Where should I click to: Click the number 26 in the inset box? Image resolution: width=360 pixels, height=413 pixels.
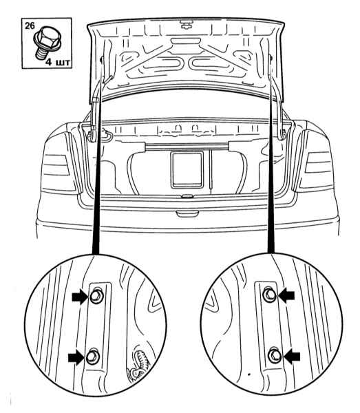point(30,26)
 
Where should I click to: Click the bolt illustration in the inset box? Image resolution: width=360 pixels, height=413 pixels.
point(47,42)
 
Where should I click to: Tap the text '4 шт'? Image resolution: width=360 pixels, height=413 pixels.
point(58,62)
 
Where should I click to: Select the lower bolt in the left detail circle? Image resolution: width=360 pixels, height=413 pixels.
point(93,357)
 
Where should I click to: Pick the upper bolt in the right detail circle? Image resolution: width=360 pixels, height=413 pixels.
point(269,295)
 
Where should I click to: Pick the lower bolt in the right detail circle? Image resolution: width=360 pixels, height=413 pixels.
point(275,356)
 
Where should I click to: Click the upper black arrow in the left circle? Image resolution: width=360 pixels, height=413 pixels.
point(80,297)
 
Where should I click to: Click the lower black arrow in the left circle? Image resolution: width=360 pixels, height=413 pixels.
point(76,358)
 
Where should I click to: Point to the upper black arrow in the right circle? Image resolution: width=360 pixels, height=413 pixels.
point(286,295)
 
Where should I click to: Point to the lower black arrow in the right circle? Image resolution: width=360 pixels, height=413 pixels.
point(291,357)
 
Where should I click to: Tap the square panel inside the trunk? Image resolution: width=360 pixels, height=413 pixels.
point(187,170)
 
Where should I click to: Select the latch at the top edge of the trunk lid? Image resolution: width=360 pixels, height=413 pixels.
point(186,25)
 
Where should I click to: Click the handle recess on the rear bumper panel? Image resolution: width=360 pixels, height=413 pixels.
point(187,213)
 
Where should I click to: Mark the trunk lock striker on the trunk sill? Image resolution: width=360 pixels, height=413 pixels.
point(187,196)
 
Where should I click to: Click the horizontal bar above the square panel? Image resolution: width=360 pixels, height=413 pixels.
point(187,146)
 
